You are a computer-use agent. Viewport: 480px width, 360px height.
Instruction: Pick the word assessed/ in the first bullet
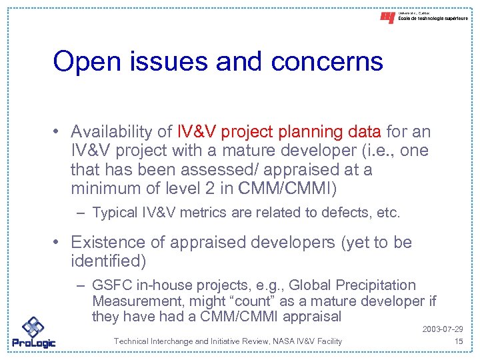click(x=204, y=169)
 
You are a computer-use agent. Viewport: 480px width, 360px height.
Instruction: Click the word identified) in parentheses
click(x=108, y=261)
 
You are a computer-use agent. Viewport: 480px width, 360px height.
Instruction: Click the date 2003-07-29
click(x=443, y=330)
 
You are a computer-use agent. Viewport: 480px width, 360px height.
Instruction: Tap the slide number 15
click(x=458, y=341)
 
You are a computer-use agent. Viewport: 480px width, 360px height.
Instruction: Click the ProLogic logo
click(x=33, y=333)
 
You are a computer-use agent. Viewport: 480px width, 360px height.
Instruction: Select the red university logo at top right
click(x=387, y=18)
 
